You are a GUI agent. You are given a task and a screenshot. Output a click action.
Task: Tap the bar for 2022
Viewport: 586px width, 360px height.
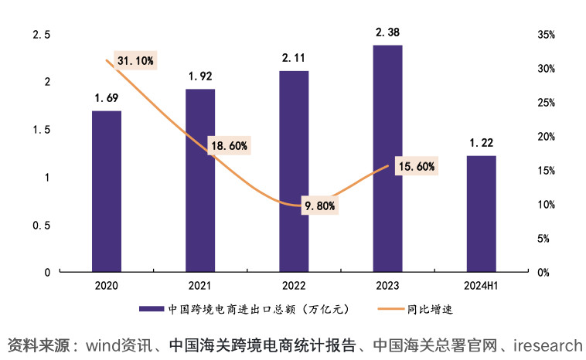click(294, 171)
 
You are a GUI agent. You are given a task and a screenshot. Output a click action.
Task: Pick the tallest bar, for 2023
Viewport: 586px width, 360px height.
click(387, 158)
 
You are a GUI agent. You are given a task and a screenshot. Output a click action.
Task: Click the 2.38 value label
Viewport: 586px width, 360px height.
click(387, 32)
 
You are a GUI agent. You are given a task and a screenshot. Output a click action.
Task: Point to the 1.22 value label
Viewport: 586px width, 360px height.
click(481, 143)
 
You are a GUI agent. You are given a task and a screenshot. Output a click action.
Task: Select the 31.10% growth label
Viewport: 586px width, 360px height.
click(135, 60)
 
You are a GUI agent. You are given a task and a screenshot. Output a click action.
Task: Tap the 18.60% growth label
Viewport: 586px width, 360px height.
click(228, 145)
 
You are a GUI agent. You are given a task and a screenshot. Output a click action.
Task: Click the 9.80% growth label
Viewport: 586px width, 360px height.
click(319, 205)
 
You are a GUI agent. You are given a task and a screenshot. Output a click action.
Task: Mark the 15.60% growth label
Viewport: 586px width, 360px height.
click(416, 166)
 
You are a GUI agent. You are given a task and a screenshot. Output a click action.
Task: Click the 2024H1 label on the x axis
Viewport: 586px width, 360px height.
click(481, 286)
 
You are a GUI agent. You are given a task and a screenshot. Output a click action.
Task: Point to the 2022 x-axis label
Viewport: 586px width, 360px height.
click(294, 286)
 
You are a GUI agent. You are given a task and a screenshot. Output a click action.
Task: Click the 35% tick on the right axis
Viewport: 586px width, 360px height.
click(546, 36)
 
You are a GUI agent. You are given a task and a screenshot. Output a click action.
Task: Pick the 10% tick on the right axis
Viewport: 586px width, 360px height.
click(546, 205)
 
